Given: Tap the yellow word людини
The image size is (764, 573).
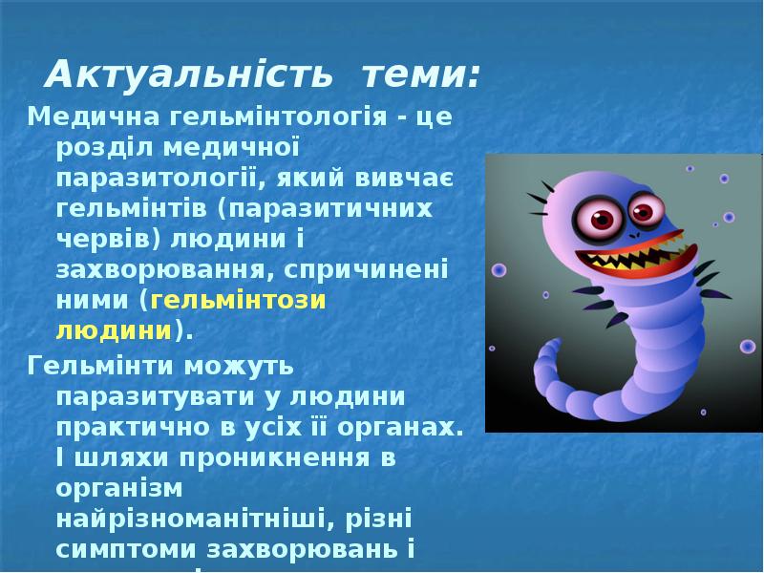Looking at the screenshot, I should click(x=113, y=330).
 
